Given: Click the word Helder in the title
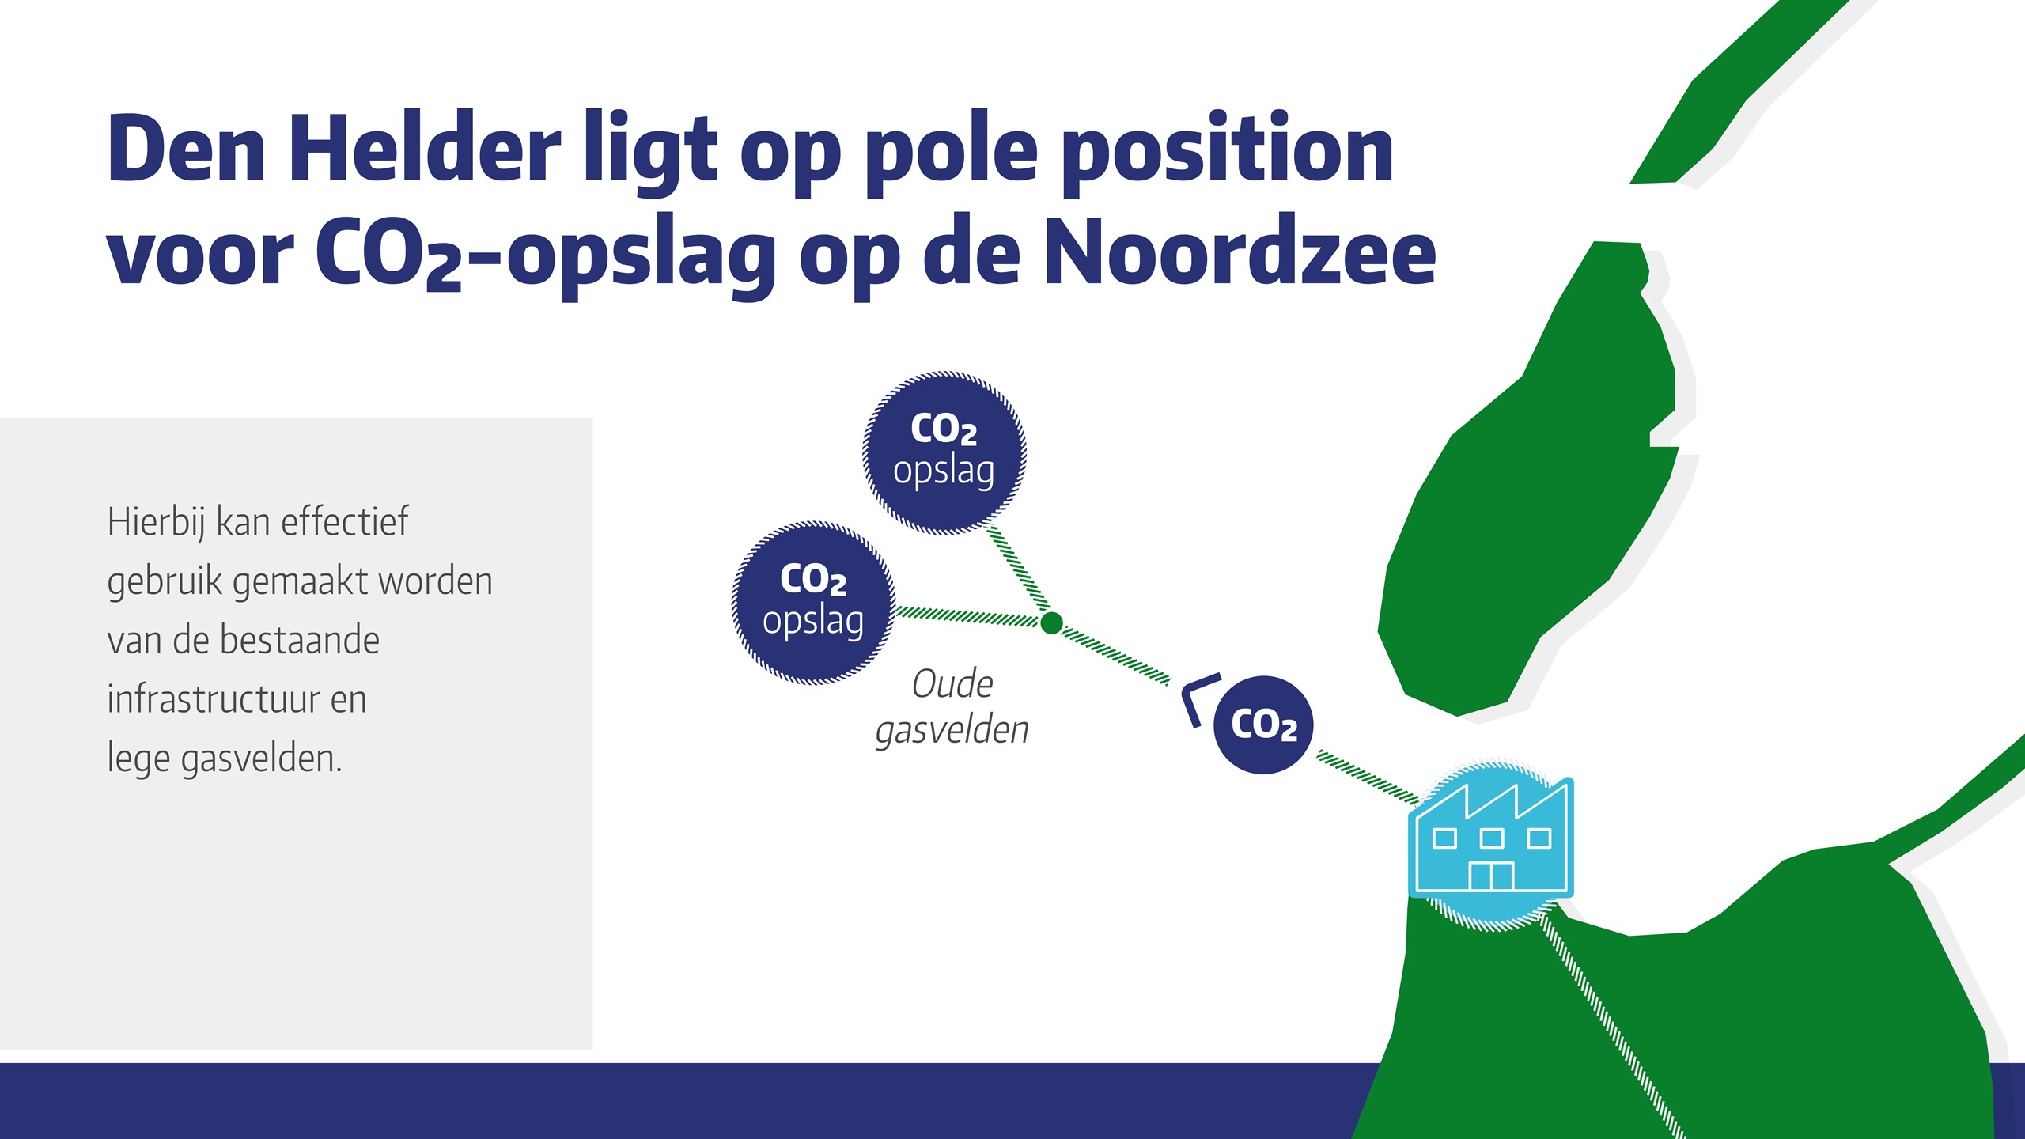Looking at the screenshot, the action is tap(425, 147).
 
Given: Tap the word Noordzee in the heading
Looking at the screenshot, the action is tap(1240, 252).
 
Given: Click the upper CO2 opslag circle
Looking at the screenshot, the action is tap(944, 453).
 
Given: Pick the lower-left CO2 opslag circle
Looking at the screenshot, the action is tap(813, 603).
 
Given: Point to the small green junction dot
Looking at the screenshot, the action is tap(1051, 623).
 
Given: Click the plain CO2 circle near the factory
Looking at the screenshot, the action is tap(1263, 725).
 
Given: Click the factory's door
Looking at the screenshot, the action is tap(1491, 876).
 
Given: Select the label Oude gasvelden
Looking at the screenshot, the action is tap(952, 707).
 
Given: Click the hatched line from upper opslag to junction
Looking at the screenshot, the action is tap(1019, 568).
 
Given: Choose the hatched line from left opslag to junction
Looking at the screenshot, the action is tap(967, 616).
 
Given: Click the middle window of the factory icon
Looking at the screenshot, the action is tap(1491, 838).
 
